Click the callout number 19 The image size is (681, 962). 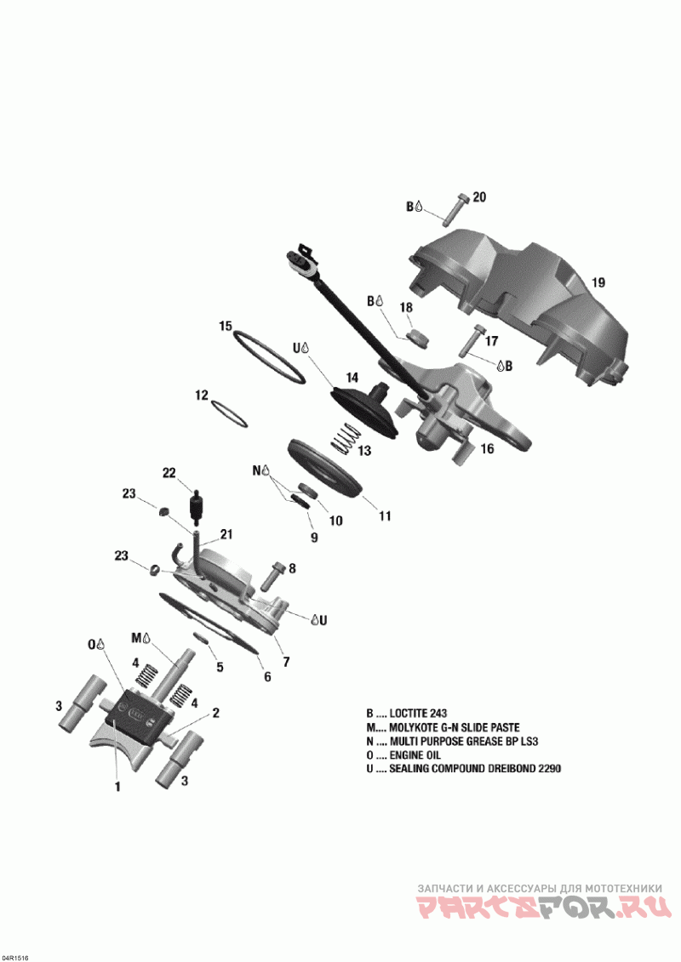(598, 282)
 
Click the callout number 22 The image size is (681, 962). (169, 473)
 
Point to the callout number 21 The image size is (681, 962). (226, 534)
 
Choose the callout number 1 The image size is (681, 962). (117, 787)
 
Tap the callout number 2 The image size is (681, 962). (216, 713)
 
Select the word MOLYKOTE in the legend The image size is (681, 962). (417, 727)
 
